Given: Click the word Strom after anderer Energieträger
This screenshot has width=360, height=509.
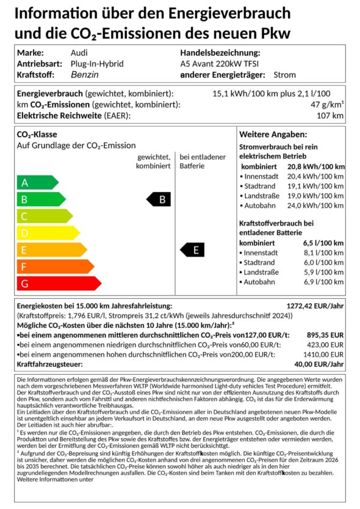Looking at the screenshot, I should pos(285,75).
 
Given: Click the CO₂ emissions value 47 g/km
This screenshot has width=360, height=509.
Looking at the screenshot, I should pos(327,105).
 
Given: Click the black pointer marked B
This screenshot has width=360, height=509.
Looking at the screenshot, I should pos(159,199).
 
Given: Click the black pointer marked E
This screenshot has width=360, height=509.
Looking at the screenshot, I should pos(192,250).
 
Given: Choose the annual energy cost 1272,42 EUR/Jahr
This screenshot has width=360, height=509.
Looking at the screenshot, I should pos(315,306).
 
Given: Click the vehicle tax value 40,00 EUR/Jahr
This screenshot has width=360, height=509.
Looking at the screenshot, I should pos(320,365).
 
